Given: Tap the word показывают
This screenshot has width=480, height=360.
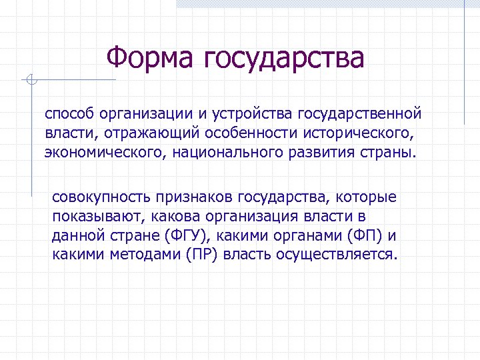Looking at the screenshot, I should tap(97, 217).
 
